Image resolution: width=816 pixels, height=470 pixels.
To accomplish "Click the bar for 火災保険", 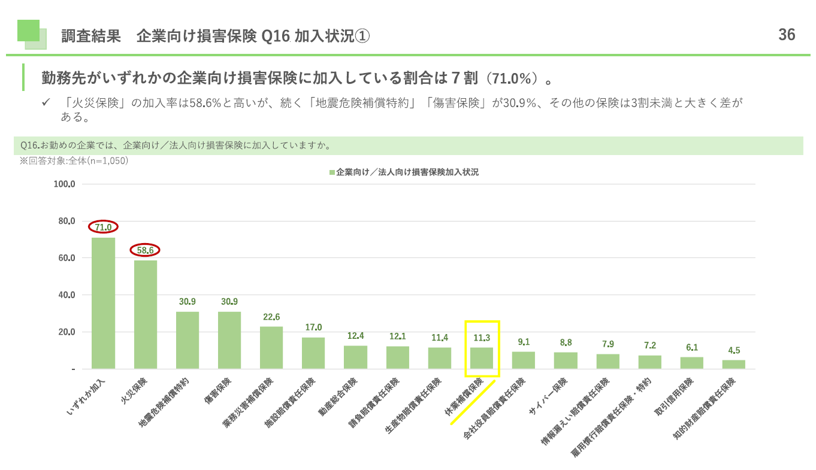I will click(x=146, y=314).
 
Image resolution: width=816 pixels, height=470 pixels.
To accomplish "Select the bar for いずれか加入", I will click(x=103, y=303).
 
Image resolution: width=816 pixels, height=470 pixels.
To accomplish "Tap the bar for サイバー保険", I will click(x=566, y=360).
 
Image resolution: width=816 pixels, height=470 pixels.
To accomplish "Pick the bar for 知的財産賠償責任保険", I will click(x=733, y=364).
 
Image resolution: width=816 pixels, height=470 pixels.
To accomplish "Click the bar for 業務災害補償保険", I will click(x=271, y=347).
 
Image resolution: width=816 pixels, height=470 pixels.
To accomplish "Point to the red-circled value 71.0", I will click(x=103, y=227).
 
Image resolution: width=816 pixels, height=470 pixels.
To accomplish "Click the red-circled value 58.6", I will click(x=146, y=250).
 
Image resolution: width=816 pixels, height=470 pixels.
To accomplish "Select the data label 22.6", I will click(x=271, y=317).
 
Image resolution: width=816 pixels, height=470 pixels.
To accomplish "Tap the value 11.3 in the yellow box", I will click(x=481, y=338).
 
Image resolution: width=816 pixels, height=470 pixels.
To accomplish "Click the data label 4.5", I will click(x=733, y=350).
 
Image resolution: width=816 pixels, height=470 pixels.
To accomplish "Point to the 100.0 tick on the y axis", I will click(x=64, y=184).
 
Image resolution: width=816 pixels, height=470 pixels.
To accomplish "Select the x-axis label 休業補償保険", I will click(x=465, y=396).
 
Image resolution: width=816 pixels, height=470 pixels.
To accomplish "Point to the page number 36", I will click(x=787, y=35).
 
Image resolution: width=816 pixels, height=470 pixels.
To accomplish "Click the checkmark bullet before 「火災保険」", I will click(x=45, y=103).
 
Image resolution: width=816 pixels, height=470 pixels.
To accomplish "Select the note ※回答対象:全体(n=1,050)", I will click(x=74, y=160).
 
